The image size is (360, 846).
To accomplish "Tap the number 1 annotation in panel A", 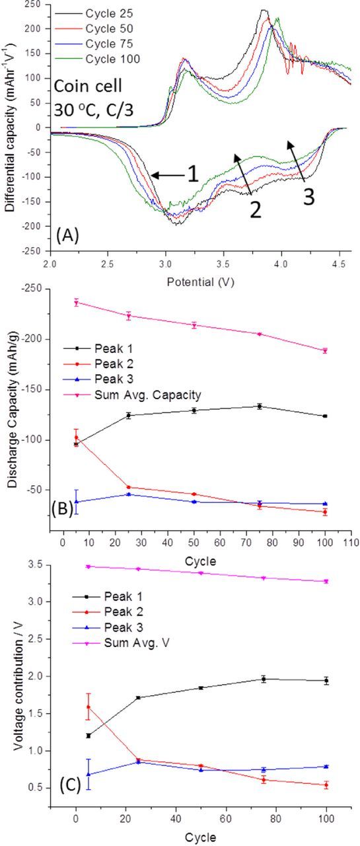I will tap(192, 175).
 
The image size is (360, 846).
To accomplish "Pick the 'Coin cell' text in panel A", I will tap(86, 85).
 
